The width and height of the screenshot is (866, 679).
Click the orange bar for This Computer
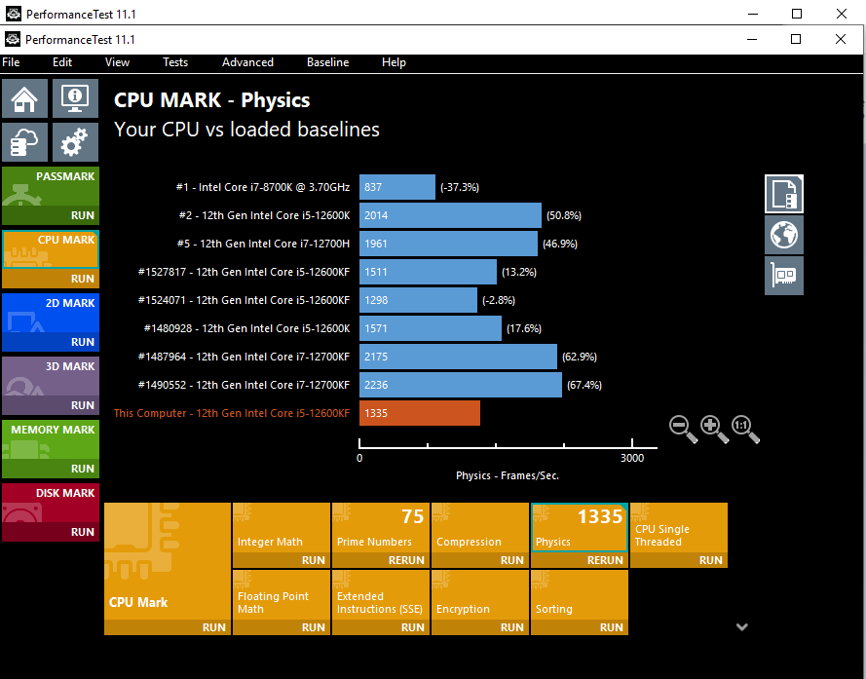point(420,413)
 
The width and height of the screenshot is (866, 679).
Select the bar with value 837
point(397,187)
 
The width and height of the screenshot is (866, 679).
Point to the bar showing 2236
point(461,385)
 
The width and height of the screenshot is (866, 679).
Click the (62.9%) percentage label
point(580,357)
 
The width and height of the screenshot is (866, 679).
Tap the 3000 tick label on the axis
point(632,458)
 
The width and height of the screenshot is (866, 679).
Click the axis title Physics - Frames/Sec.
point(507,475)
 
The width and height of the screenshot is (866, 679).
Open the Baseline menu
point(327,62)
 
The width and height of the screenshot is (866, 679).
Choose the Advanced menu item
point(247,62)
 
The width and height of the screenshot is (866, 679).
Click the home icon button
point(24,98)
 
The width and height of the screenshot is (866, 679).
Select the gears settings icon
point(75,142)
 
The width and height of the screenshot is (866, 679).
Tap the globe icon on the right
point(784,235)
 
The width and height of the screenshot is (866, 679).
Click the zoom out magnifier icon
point(683,430)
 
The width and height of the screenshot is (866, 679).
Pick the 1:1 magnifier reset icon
point(745,430)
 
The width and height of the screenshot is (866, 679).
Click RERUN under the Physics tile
point(605,560)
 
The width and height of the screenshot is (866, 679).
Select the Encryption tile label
point(463,609)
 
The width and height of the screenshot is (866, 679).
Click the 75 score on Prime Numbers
point(413,516)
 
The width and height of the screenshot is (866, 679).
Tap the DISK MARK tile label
point(65,493)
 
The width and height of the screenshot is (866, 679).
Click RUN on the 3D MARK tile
point(83,405)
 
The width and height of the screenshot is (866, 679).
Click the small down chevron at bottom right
point(741,626)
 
